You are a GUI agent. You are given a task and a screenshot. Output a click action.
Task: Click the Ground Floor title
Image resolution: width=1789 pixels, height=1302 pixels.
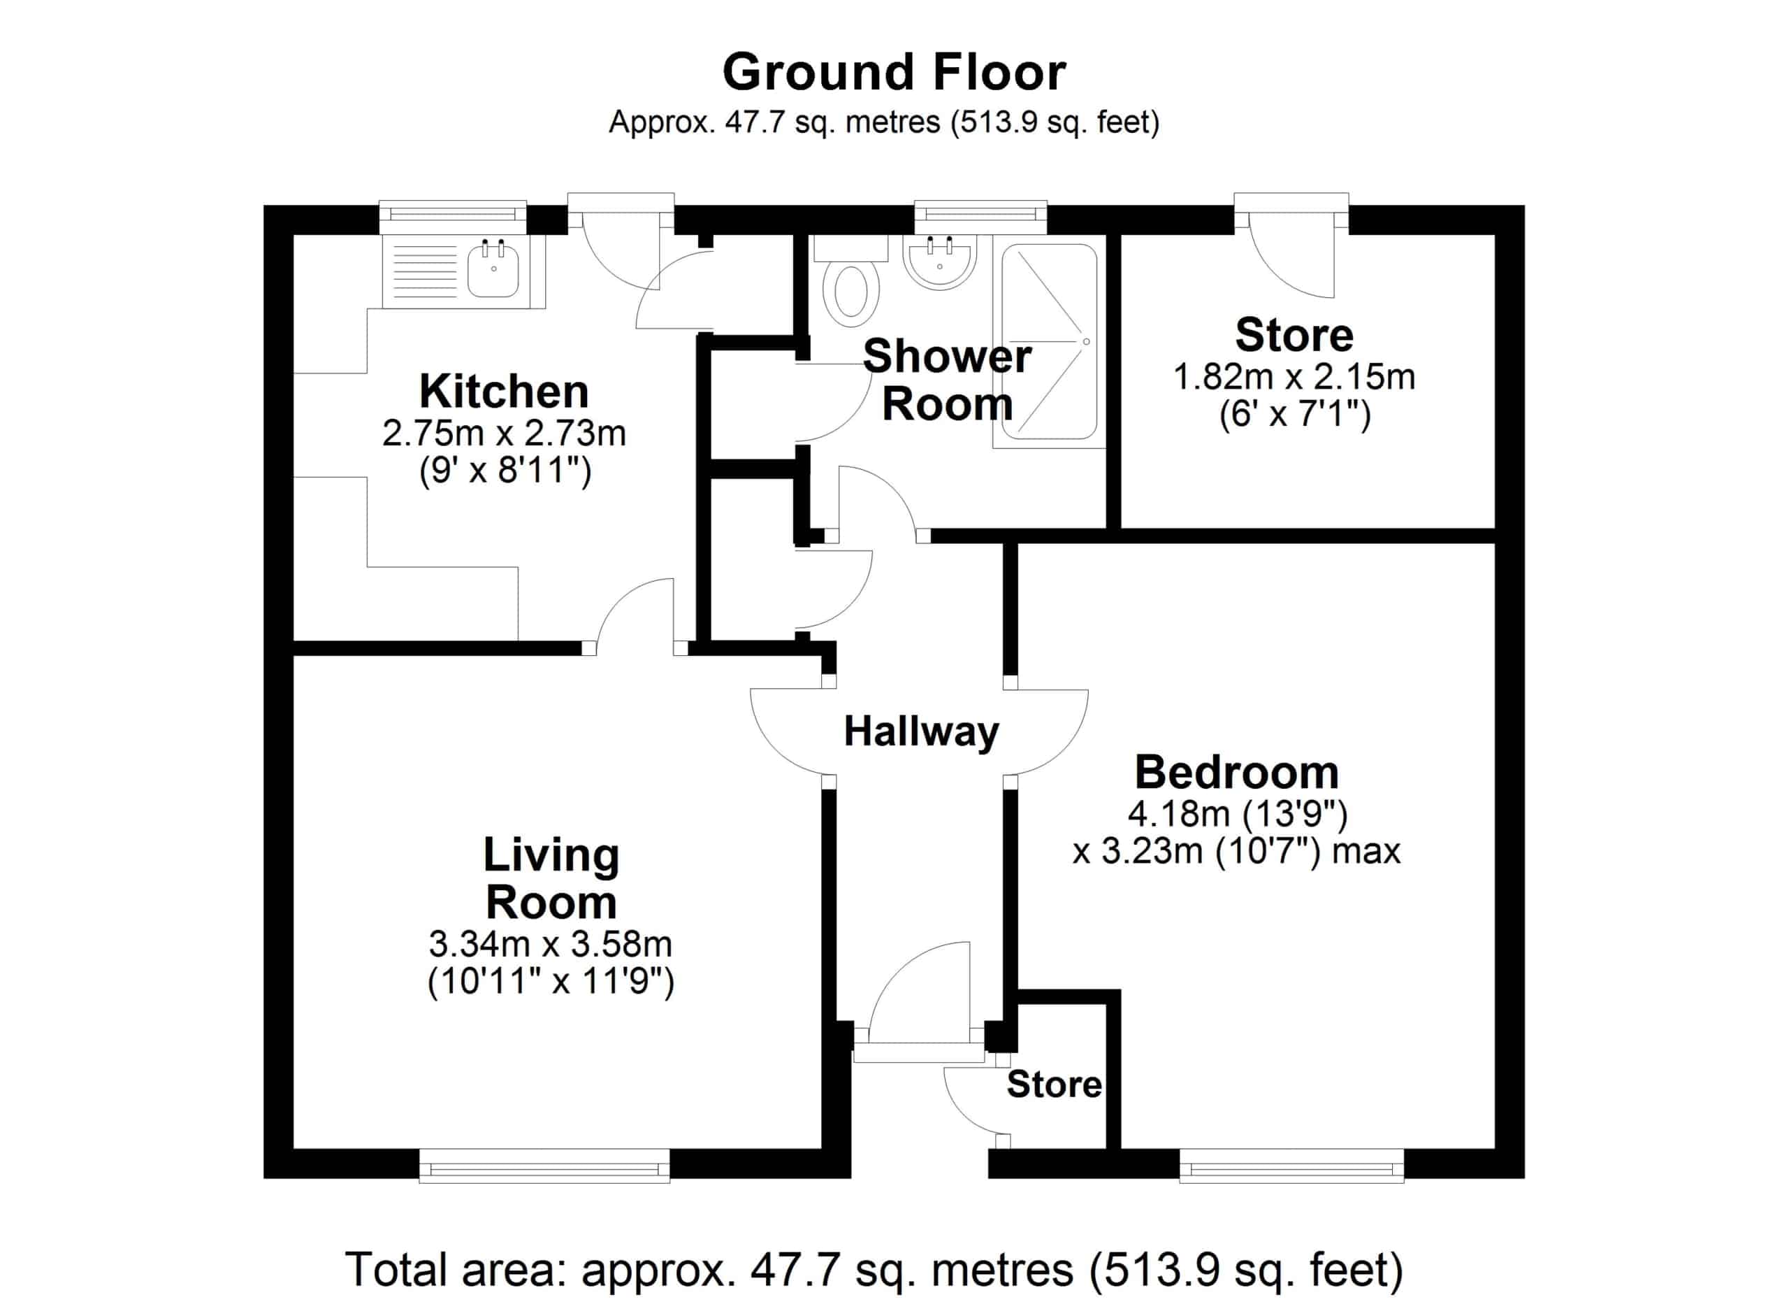[894, 73]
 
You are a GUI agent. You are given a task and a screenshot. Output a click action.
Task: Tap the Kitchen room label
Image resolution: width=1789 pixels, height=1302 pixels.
[504, 391]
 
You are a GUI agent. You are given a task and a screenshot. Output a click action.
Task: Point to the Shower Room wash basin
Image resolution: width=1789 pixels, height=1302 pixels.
[940, 262]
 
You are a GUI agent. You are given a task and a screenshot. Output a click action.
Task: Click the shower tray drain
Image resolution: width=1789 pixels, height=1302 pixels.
[1086, 342]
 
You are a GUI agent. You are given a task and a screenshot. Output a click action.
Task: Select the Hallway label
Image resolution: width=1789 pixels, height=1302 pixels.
[921, 731]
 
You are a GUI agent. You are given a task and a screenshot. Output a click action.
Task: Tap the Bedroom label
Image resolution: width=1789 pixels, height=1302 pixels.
[1237, 772]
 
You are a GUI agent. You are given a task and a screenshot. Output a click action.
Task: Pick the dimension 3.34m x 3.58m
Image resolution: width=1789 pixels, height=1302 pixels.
[551, 943]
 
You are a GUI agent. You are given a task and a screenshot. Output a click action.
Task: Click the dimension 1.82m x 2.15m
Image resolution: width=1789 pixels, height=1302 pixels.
[1294, 376]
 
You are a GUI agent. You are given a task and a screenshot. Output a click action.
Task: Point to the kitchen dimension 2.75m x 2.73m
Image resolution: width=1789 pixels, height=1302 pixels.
[504, 434]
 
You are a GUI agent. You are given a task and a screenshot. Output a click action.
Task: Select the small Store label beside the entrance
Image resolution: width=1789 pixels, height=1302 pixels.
[1054, 1085]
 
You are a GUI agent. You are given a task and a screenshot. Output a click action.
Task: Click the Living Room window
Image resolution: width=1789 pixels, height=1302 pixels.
[544, 1166]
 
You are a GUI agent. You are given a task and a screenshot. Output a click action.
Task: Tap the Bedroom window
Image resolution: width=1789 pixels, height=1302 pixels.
[1292, 1166]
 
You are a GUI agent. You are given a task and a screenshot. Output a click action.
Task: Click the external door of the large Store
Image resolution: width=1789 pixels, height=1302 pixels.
[1291, 245]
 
